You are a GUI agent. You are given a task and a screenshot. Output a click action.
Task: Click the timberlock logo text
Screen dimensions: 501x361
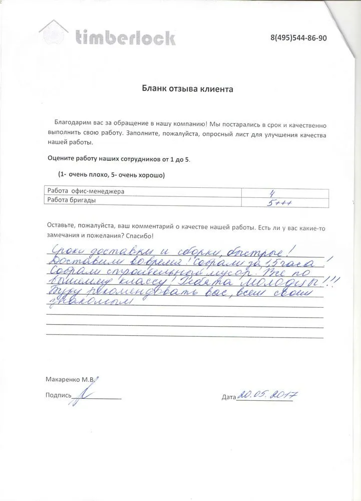[125, 37]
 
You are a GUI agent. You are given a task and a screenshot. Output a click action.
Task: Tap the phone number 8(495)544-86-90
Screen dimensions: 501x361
[298, 39]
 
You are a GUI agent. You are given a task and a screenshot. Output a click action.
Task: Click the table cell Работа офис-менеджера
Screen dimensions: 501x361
[85, 191]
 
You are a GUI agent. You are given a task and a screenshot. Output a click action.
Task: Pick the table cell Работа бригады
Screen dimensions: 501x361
[71, 200]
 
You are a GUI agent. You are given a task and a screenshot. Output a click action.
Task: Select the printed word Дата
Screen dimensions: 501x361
[228, 398]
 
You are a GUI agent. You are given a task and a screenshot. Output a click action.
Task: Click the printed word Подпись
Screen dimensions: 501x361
[58, 395]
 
